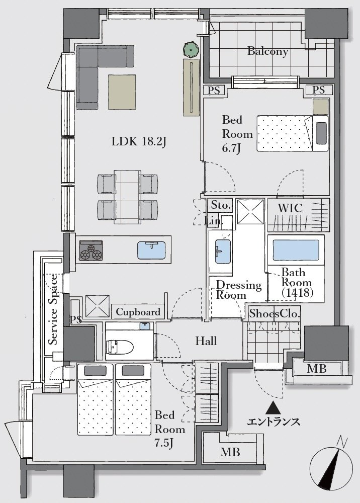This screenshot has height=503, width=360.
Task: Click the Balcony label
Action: tap(267, 51)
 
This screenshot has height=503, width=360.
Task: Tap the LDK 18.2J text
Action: tap(139, 142)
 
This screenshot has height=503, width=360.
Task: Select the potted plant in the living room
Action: tap(191, 49)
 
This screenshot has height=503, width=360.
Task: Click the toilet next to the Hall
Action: tap(120, 346)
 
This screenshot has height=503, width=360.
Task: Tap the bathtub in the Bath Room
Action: tap(295, 249)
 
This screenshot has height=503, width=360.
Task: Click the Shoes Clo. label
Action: tap(275, 313)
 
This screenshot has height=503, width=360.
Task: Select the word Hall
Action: tap(206, 341)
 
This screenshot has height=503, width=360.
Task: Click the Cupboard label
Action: tap(138, 312)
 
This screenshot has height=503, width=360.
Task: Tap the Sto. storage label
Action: tap(220, 206)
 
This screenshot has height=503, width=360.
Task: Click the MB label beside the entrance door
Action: tap(316, 369)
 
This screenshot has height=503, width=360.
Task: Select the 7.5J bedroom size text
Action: tap(165, 444)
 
